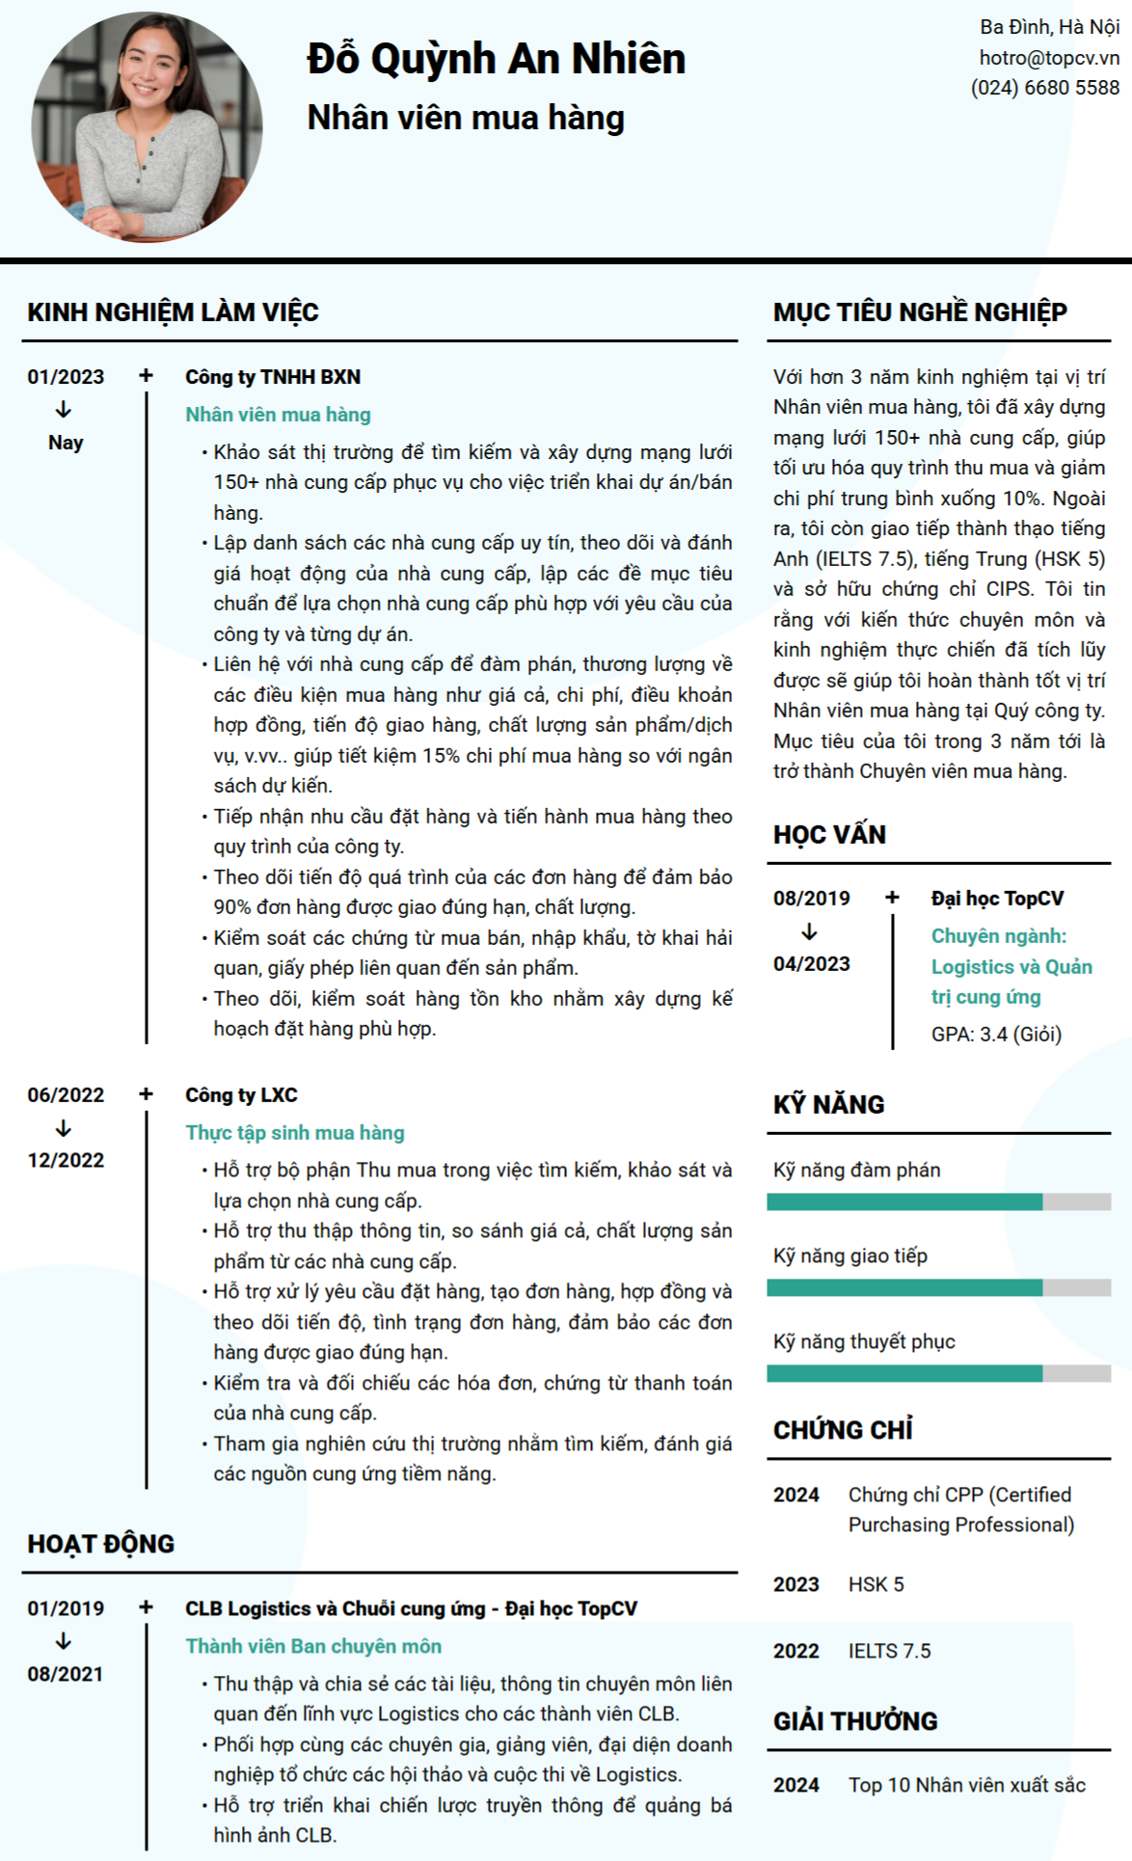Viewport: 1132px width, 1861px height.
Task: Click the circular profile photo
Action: [147, 127]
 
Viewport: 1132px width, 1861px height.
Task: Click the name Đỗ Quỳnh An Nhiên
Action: [496, 59]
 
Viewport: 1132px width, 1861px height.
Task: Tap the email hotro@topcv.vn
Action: [1049, 58]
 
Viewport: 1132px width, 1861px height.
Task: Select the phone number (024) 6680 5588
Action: [1045, 88]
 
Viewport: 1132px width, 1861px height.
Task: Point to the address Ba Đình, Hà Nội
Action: [1049, 27]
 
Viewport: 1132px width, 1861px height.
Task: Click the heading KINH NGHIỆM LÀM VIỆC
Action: [173, 312]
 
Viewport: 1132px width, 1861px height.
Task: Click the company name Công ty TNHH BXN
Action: [273, 377]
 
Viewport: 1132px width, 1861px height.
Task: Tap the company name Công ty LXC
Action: [241, 1095]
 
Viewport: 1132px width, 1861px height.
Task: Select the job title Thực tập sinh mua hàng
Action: [294, 1133]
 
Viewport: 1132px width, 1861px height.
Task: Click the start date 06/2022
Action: [66, 1095]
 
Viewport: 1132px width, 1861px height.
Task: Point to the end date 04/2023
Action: [811, 964]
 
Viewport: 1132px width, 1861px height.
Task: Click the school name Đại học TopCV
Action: [997, 899]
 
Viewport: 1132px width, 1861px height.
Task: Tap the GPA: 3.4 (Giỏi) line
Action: [996, 1035]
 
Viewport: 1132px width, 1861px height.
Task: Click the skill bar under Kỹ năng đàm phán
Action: [938, 1201]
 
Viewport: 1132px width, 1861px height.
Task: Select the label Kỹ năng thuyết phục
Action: [864, 1342]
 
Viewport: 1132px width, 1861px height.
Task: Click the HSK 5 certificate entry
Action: [876, 1584]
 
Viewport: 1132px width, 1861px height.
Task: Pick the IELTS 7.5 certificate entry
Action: [889, 1651]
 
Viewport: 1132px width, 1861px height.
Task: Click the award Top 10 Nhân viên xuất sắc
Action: [966, 1785]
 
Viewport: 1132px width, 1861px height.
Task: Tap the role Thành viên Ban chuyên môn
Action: [313, 1646]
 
